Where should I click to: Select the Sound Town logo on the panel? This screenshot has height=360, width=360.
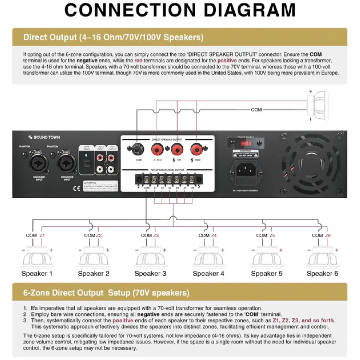click(x=44, y=137)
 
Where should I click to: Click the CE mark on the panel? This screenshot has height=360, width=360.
click(x=77, y=188)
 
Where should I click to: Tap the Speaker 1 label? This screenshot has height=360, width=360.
click(x=37, y=274)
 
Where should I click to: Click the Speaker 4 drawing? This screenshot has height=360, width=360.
click(x=208, y=257)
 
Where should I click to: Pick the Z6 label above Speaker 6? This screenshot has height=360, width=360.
click(x=328, y=235)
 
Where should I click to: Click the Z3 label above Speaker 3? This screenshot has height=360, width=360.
click(x=156, y=235)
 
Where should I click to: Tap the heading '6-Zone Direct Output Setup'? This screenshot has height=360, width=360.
click(x=106, y=292)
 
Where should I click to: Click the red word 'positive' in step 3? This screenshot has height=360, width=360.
click(x=122, y=320)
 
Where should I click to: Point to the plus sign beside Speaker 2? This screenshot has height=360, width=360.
click(x=108, y=250)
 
